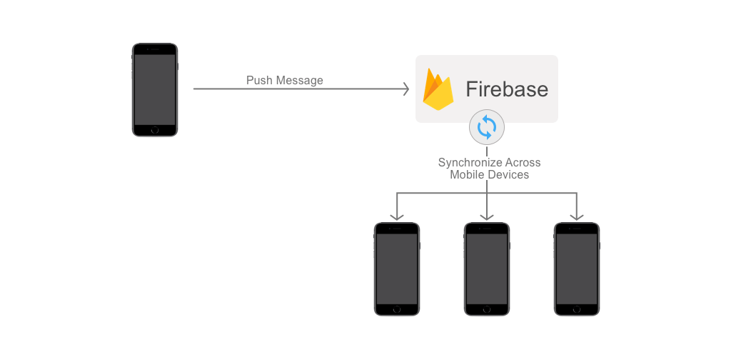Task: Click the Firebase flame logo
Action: [438, 89]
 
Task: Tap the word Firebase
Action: [507, 89]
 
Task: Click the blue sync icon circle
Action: [487, 128]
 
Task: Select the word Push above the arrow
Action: [259, 81]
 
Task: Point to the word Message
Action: [300, 81]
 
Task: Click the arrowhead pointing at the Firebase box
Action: [405, 89]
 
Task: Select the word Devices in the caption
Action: [508, 174]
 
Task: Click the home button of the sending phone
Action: [155, 130]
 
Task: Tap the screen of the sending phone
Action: [155, 89]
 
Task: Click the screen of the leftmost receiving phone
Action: [397, 268]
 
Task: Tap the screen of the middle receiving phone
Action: [487, 268]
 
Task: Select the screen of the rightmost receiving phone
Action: [577, 268]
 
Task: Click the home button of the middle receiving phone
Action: [487, 309]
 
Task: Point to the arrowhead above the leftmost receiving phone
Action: [397, 216]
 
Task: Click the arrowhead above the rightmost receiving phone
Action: [577, 216]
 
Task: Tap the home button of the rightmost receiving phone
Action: [577, 309]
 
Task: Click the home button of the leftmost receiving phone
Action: [397, 309]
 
